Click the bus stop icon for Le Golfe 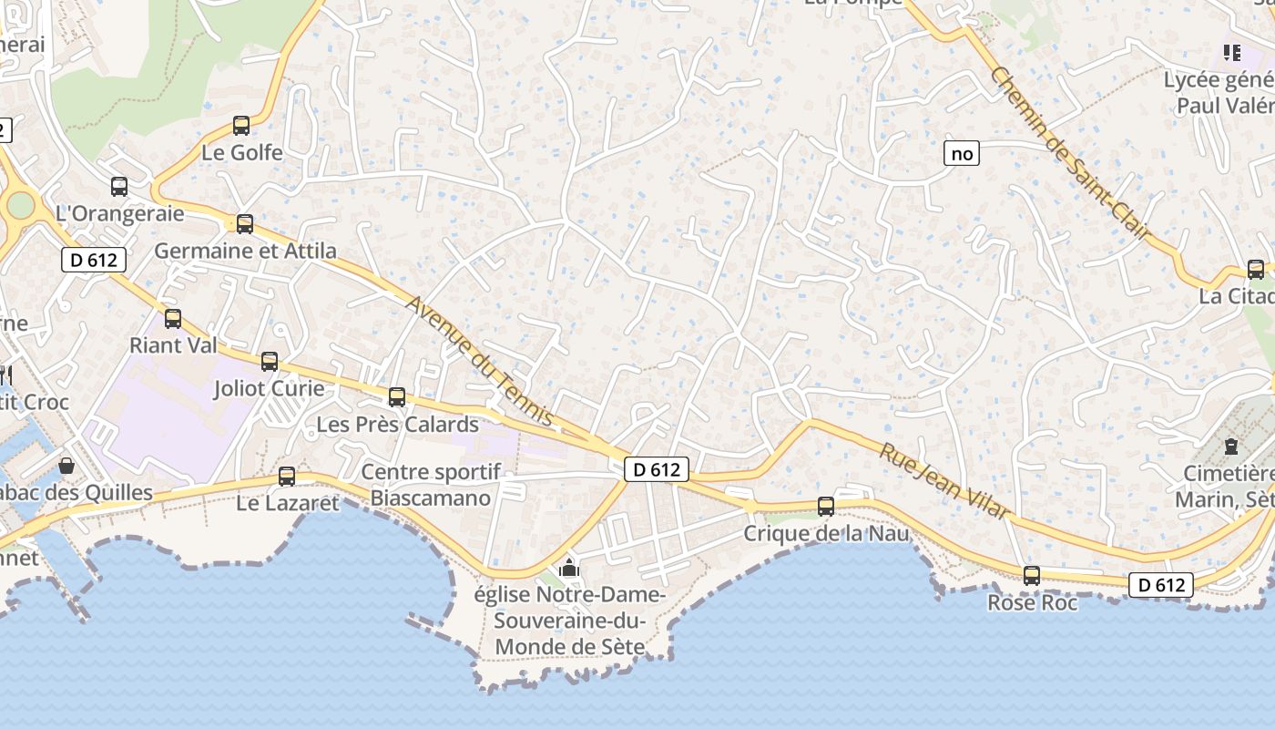(241, 126)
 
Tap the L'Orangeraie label (119, 214)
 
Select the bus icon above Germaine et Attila (244, 224)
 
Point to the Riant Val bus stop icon (173, 319)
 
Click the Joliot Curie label (269, 388)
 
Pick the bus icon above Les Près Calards (396, 397)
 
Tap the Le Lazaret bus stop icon (287, 476)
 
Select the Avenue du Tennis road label (479, 361)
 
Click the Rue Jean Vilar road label (944, 480)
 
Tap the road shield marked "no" (962, 154)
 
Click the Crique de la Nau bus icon (826, 507)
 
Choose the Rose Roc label (1032, 603)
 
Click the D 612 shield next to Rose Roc (1161, 584)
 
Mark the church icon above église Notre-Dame (569, 569)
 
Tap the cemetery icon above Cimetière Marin (1231, 447)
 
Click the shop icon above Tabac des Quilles (66, 466)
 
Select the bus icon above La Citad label (1256, 270)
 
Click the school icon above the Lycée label (1232, 53)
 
